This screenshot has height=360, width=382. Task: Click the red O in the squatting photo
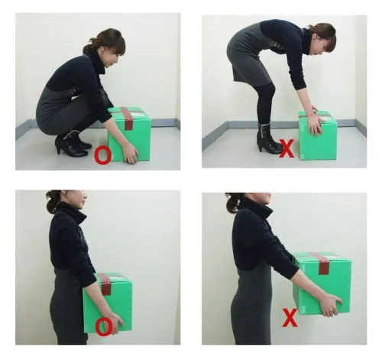pyautogui.click(x=103, y=156)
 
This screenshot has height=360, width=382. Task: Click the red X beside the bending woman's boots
pyautogui.click(x=286, y=148)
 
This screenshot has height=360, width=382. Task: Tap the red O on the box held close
pyautogui.click(x=104, y=326)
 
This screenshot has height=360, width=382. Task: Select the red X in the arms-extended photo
pyautogui.click(x=290, y=318)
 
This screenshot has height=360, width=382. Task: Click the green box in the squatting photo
pyautogui.click(x=130, y=135)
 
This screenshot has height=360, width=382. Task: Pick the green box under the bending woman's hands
pyautogui.click(x=318, y=135)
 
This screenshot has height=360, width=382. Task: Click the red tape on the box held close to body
pyautogui.click(x=105, y=284)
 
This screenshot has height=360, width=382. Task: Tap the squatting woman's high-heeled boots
pyautogui.click(x=73, y=144)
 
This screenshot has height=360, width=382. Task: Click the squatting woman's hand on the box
pyautogui.click(x=131, y=154)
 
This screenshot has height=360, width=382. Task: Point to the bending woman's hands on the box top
pyautogui.click(x=316, y=121)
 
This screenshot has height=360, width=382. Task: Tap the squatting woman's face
pyautogui.click(x=113, y=59)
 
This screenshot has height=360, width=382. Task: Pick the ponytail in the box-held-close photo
pyautogui.click(x=53, y=200)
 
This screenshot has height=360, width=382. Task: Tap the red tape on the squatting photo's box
pyautogui.click(x=128, y=118)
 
